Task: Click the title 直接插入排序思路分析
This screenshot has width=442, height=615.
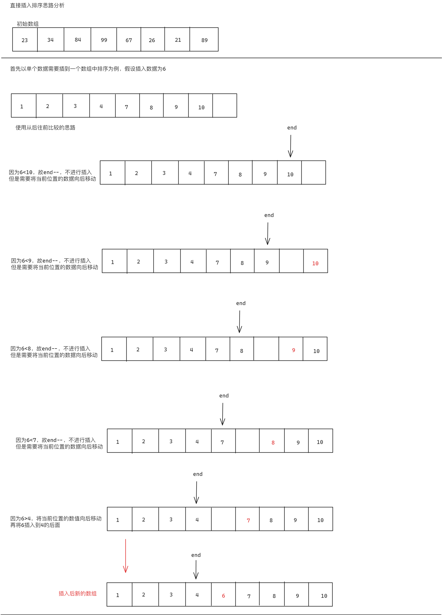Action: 37,5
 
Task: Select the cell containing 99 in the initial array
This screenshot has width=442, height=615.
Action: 104,39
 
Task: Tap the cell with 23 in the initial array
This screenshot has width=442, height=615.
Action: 25,39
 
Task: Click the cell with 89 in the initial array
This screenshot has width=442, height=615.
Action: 204,39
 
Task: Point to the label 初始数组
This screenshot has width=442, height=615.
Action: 28,24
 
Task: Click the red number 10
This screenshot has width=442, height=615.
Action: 315,263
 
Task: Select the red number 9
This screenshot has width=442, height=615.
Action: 294,350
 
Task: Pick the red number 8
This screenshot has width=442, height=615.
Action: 273,443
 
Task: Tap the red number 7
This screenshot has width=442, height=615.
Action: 248,520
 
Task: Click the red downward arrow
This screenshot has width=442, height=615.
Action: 126,556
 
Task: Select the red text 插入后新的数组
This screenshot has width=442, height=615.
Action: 78,594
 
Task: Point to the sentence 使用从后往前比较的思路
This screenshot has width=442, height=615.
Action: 45,127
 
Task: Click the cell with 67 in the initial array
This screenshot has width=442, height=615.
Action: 129,39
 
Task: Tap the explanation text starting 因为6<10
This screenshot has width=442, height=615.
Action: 52,175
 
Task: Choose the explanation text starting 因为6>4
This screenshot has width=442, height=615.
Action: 56,522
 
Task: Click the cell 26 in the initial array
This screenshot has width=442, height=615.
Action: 152,39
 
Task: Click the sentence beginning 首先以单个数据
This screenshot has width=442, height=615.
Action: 88,69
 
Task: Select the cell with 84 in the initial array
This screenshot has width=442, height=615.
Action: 77,39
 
